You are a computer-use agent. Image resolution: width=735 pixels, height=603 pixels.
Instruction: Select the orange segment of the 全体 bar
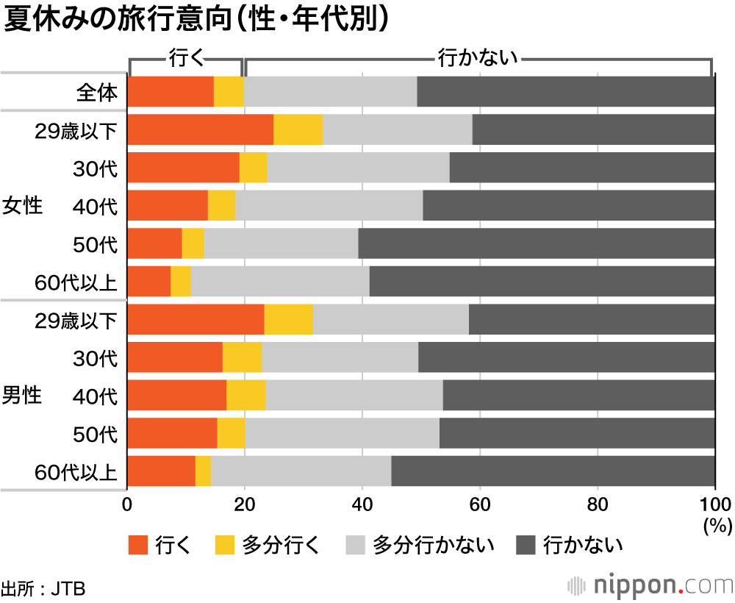171,91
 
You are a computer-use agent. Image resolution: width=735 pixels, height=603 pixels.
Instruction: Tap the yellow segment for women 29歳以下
298,129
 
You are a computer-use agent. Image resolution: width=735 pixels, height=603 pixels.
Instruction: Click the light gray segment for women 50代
281,243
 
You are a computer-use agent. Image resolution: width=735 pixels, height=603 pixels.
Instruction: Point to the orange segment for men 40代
177,395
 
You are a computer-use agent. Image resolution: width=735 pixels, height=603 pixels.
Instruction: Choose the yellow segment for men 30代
242,357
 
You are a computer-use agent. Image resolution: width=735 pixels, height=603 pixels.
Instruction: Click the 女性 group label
23,206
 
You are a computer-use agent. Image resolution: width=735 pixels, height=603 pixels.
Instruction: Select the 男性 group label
23,395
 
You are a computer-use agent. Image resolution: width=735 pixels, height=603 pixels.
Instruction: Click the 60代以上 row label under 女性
76,282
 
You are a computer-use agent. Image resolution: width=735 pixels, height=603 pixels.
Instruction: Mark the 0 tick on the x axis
128,505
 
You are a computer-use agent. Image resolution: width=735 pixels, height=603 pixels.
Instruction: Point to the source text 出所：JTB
43,588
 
